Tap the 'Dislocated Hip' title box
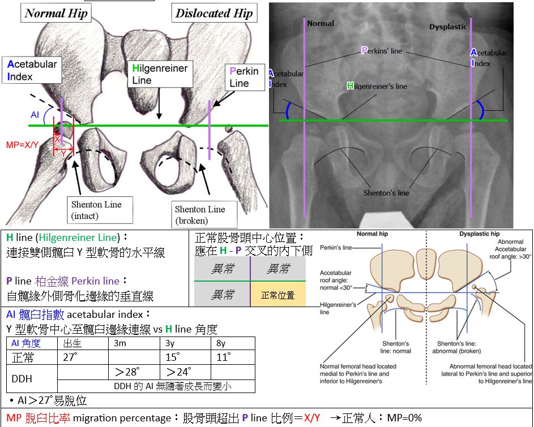214,14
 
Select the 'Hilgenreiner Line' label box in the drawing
159,74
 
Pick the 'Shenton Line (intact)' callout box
96,210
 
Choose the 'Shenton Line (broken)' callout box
200,214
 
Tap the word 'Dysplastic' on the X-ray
448,27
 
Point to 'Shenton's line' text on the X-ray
386,193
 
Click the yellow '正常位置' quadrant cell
277,295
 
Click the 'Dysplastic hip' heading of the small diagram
479,234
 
